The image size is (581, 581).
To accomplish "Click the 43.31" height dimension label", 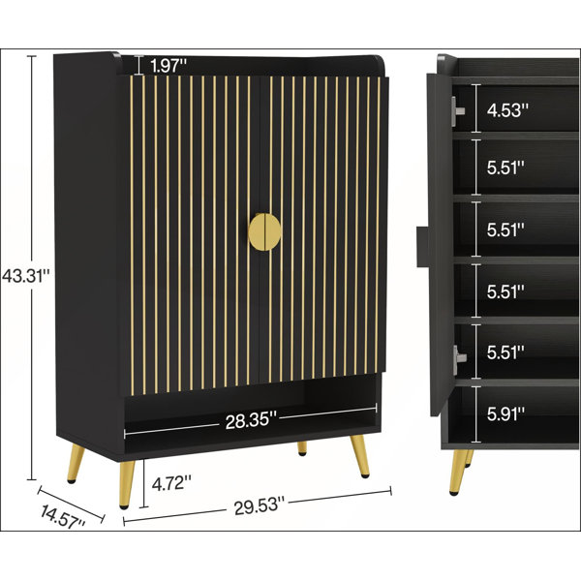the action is (x=25, y=276).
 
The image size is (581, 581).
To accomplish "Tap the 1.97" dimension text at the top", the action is (x=168, y=66).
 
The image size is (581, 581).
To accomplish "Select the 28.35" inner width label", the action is (x=251, y=421).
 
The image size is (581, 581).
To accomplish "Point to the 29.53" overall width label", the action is (x=259, y=505).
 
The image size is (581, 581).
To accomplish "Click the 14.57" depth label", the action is (x=62, y=516).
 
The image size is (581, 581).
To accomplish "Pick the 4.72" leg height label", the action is (x=171, y=483).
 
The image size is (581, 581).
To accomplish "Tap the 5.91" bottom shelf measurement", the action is (x=505, y=413).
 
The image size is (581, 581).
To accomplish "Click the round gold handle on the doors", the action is (x=264, y=232).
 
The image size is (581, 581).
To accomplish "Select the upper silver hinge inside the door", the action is (x=458, y=110).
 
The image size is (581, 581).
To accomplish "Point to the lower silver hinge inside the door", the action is (x=459, y=358).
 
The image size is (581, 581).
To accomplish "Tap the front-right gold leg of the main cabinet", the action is (x=360, y=455).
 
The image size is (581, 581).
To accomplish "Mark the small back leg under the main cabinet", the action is (x=302, y=447).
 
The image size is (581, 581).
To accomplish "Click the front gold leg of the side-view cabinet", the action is (x=456, y=473).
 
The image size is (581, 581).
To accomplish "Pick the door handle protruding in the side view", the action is (x=422, y=247).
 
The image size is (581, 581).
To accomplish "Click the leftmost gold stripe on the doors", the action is (x=132, y=235).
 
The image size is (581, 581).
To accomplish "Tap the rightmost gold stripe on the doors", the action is (x=378, y=226).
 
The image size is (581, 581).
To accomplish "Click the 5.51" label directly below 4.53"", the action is (x=505, y=168).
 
